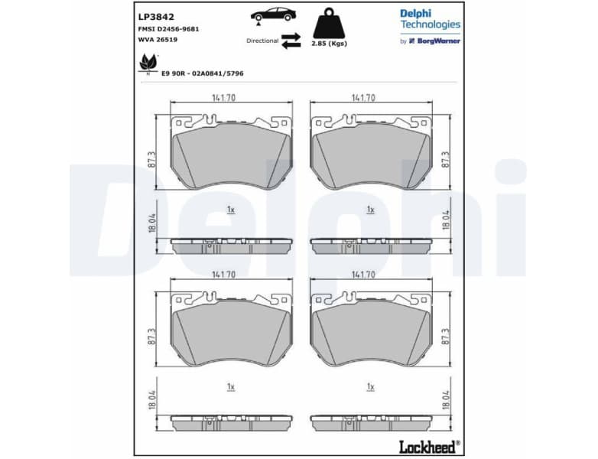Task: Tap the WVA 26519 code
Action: (158, 39)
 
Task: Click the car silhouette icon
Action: (273, 15)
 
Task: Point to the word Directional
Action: (262, 41)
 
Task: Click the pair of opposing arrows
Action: (291, 41)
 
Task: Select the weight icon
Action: (328, 22)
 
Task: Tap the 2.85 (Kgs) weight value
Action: (329, 44)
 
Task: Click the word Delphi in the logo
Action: (415, 13)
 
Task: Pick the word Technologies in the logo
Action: (430, 24)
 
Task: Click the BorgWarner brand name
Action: (438, 41)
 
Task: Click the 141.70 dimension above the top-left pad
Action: (223, 98)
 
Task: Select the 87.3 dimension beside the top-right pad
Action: (445, 159)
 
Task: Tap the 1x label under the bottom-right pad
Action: (370, 387)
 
